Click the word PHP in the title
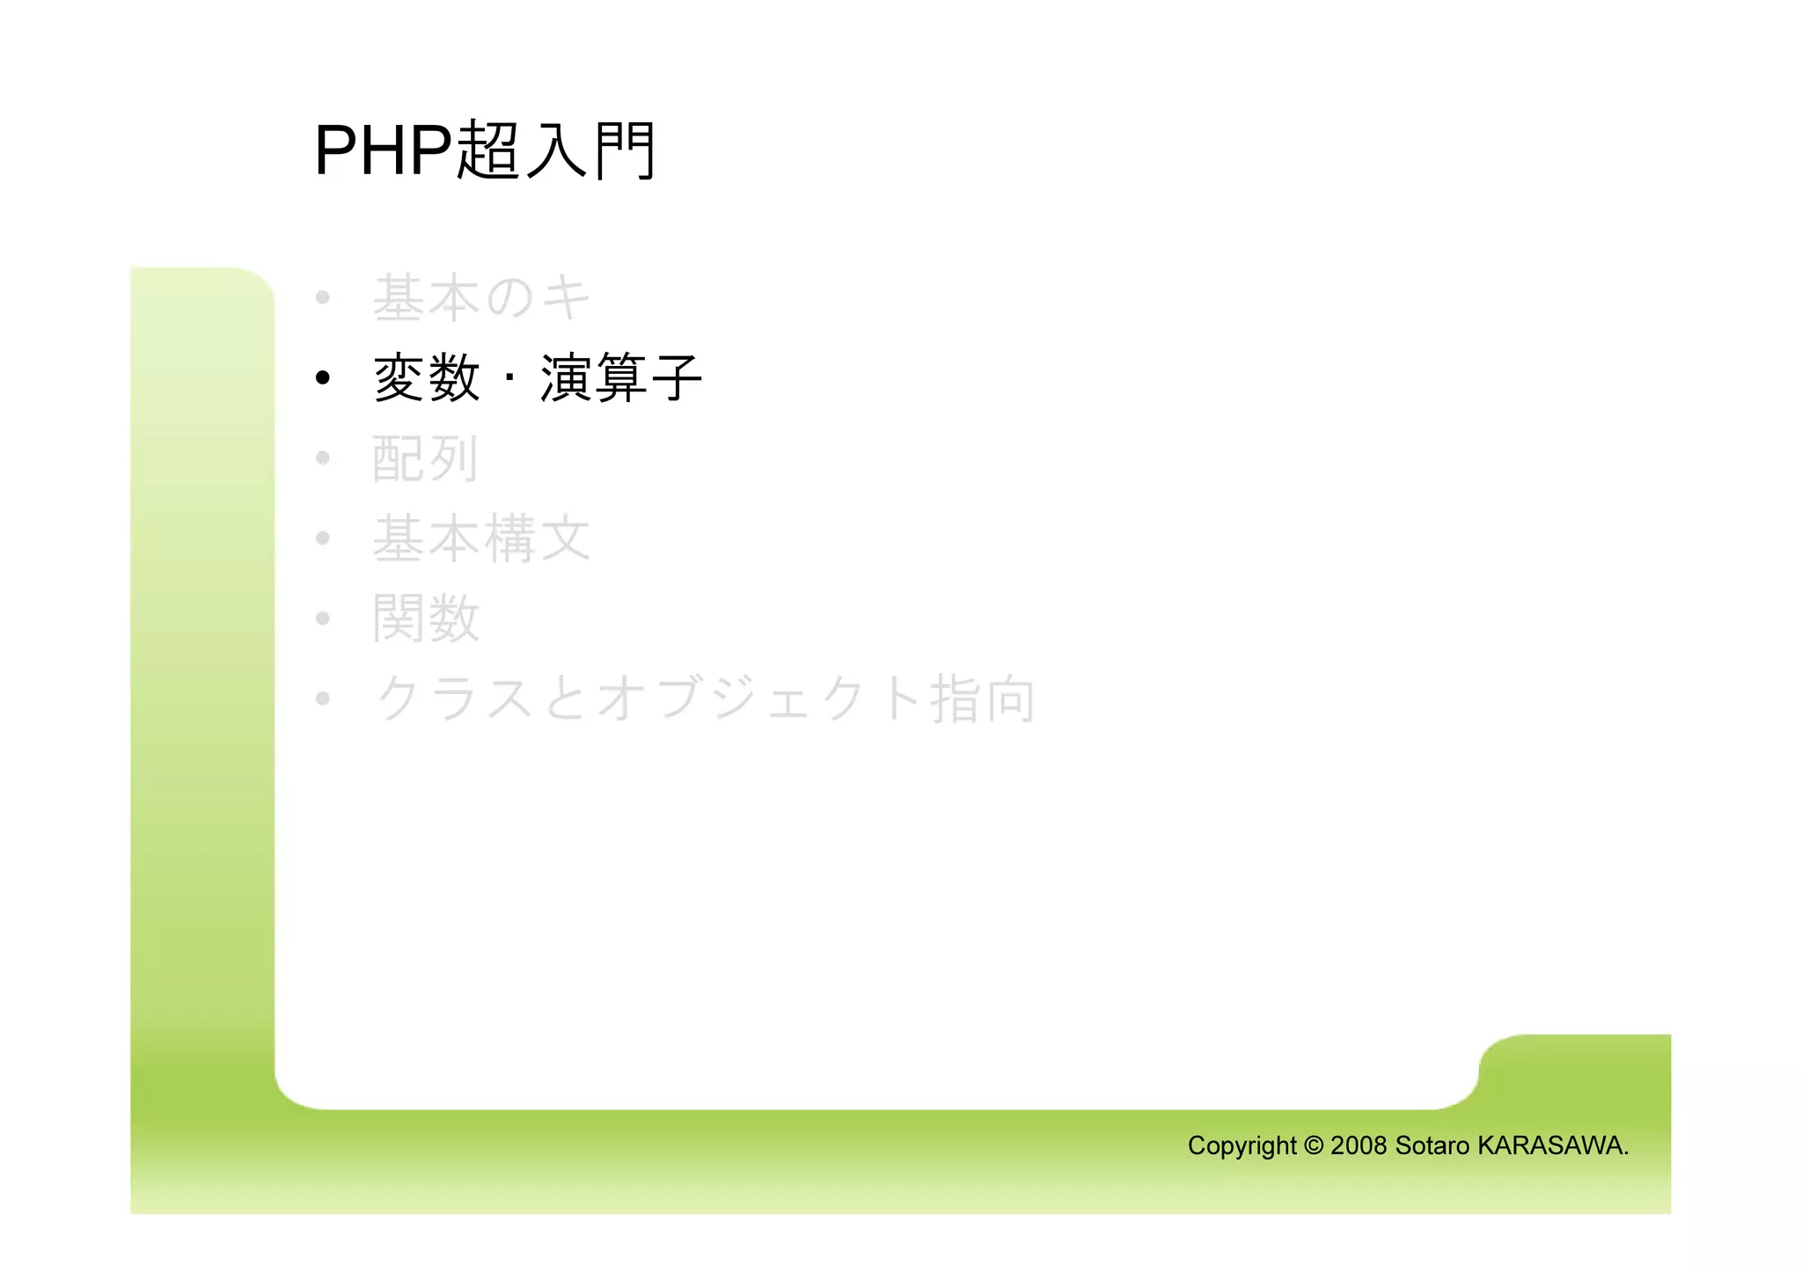pyautogui.click(x=383, y=150)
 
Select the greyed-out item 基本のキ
pyautogui.click(x=481, y=297)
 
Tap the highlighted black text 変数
pyautogui.click(x=427, y=378)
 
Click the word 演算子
pyautogui.click(x=620, y=378)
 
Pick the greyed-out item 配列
pyautogui.click(x=426, y=458)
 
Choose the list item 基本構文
pyautogui.click(x=481, y=538)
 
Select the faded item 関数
pyautogui.click(x=426, y=618)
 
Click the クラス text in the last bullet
pyautogui.click(x=455, y=699)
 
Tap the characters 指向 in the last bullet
pyautogui.click(x=983, y=699)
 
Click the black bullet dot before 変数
pyautogui.click(x=323, y=378)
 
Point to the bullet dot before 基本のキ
pyautogui.click(x=323, y=297)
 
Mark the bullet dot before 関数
pyautogui.click(x=323, y=618)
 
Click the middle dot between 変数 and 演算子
pyautogui.click(x=509, y=379)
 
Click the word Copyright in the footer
pyautogui.click(x=1242, y=1145)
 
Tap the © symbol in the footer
pyautogui.click(x=1313, y=1145)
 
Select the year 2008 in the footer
pyautogui.click(x=1359, y=1145)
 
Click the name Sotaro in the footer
pyautogui.click(x=1432, y=1145)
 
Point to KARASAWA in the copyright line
pyautogui.click(x=1551, y=1145)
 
